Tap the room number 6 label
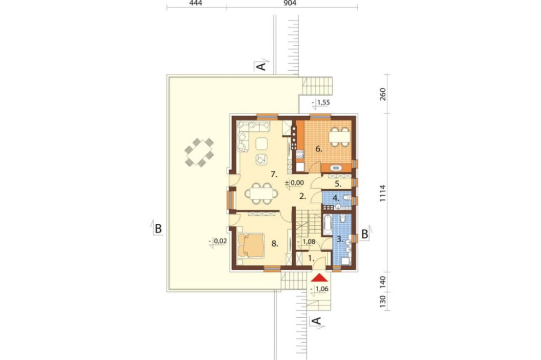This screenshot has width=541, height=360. [x=319, y=149]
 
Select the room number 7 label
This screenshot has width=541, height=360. [x=274, y=175]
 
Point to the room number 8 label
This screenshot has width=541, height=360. [x=275, y=244]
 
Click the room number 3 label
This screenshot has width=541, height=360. [x=340, y=238]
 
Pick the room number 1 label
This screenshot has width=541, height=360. [x=311, y=258]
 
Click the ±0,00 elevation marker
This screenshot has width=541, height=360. [x=294, y=183]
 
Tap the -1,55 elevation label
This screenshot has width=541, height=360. [x=321, y=102]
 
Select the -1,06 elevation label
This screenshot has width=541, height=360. [x=320, y=289]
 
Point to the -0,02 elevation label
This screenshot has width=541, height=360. [x=218, y=242]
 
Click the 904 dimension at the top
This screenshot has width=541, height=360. [x=290, y=3]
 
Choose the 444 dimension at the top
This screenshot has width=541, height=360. [x=196, y=3]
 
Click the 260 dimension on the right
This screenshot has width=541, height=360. [x=383, y=94]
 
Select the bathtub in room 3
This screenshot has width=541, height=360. [x=327, y=223]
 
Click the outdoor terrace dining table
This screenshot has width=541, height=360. [x=199, y=152]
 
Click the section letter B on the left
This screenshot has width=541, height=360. [x=159, y=229]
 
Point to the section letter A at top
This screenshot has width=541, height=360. [x=262, y=66]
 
